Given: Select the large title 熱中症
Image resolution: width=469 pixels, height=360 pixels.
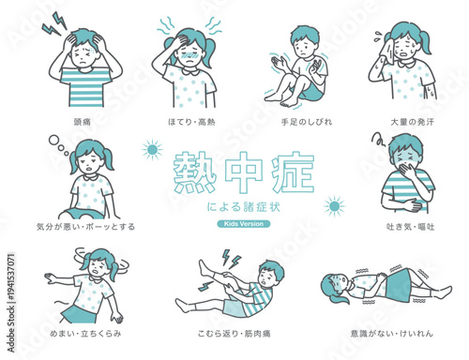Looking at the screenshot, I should (x=244, y=173).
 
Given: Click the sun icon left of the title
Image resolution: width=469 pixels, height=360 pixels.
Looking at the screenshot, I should (x=151, y=149).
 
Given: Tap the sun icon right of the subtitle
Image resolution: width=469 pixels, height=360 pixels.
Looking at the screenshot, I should (x=333, y=206).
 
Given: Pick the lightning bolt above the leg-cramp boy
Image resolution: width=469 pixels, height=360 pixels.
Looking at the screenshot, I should (x=229, y=257).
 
